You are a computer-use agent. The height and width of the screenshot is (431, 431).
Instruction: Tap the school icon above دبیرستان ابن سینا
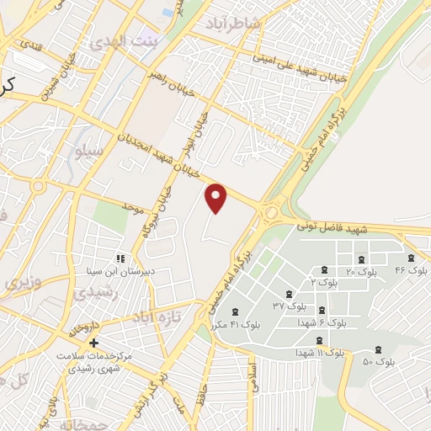pos(120,258)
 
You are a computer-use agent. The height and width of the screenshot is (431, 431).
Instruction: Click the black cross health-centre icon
pos(93,343)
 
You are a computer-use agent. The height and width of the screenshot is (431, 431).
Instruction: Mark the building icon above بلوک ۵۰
pos(376,348)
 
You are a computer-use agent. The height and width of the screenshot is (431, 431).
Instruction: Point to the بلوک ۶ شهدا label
pos(323,322)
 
